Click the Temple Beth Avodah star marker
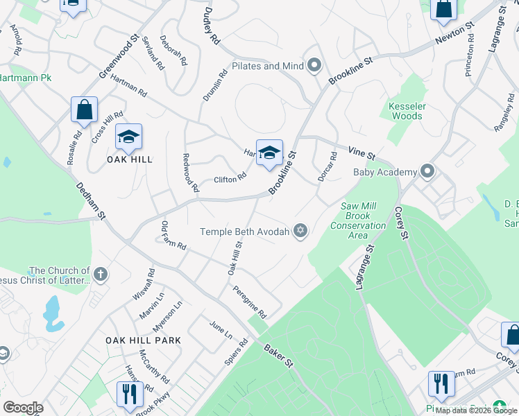[300, 232]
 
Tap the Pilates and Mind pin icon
[314, 67]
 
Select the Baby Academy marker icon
[427, 171]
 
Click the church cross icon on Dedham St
[101, 275]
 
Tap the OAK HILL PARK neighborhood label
[144, 340]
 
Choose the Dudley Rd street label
[212, 27]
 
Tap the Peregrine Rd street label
[250, 302]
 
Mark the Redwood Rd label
[190, 173]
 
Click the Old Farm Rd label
[173, 236]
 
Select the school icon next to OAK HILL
[128, 137]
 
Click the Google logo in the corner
[23, 408]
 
